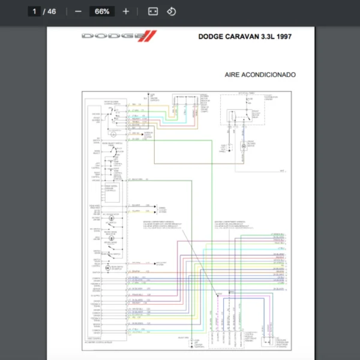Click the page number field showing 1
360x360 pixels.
coord(35,11)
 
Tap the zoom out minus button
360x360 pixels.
coord(78,11)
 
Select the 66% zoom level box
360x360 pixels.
coord(102,11)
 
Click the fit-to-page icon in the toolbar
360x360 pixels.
coord(153,11)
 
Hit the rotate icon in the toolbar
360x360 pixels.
coord(171,11)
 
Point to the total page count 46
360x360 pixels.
coord(52,11)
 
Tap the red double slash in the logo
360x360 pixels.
coord(149,37)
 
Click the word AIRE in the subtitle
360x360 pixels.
coord(232,75)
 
